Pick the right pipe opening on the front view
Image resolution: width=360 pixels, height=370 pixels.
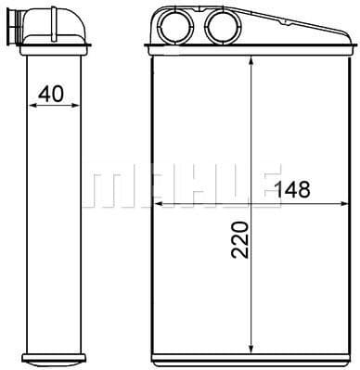click(x=221, y=26)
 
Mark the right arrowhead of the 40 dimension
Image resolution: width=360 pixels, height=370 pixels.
click(x=73, y=105)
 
